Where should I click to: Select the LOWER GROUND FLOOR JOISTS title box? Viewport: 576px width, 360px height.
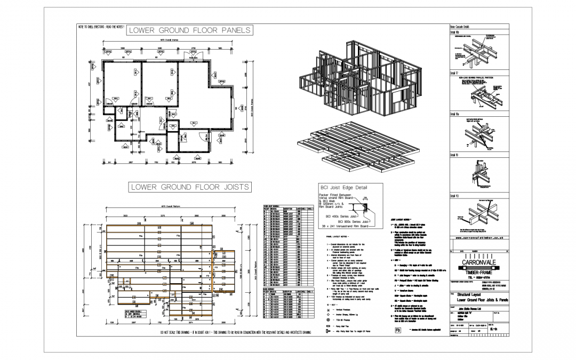pyautogui.click(x=189, y=187)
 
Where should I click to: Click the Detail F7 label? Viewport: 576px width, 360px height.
pyautogui.click(x=454, y=73)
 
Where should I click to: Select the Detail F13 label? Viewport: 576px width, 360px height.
pyautogui.click(x=455, y=196)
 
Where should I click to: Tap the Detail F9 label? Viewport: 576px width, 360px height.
pyautogui.click(x=454, y=155)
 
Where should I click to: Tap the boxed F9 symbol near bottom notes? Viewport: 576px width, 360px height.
pyautogui.click(x=398, y=331)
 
